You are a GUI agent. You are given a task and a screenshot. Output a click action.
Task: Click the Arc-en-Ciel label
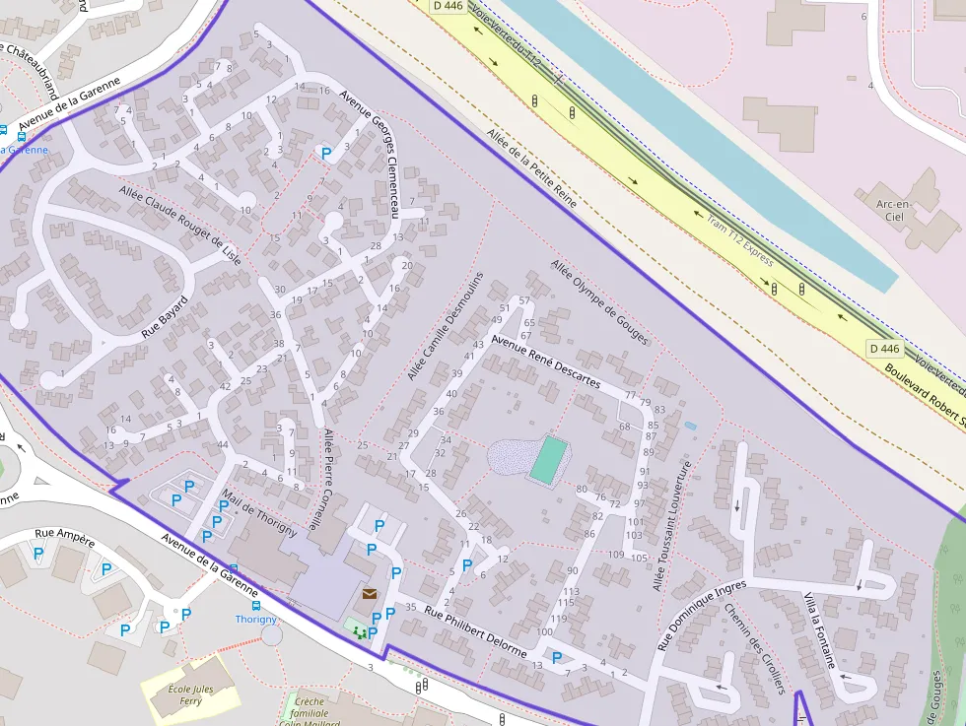tap(896, 210)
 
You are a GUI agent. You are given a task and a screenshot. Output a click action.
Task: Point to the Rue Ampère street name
tap(64, 538)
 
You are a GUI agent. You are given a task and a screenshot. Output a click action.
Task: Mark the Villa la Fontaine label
tap(820, 631)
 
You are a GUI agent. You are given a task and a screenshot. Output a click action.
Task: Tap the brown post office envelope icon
tap(370, 594)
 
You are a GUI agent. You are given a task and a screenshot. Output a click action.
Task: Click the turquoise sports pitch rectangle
tap(548, 460)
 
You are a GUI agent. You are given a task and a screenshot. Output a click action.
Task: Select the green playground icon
tap(358, 629)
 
